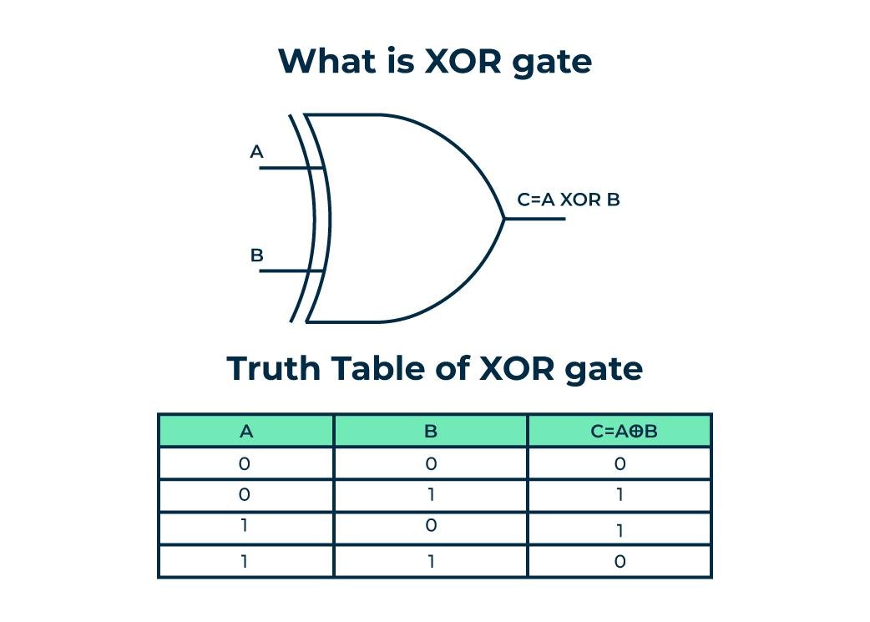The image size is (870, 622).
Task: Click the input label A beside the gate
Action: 256,152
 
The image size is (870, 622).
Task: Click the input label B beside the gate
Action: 256,255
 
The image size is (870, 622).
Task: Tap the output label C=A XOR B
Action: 568,200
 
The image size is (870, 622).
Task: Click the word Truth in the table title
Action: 273,368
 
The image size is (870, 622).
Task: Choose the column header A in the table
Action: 245,432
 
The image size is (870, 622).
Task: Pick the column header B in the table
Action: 431,432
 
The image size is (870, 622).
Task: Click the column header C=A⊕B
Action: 619,432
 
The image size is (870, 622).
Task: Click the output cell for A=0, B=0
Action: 620,464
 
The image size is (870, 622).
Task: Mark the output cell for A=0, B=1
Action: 620,496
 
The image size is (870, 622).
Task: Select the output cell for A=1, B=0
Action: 620,529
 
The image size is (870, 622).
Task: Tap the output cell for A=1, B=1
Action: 620,562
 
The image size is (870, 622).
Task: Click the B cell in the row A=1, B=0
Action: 431,528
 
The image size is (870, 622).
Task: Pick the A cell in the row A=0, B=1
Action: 245,496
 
